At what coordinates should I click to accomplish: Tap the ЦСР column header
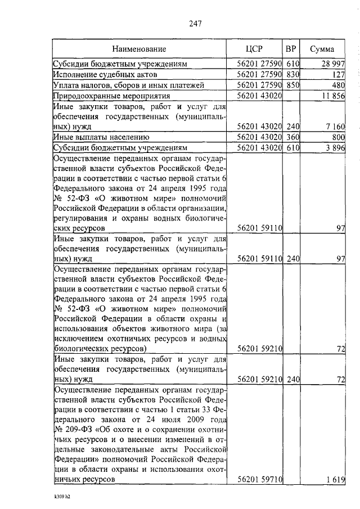255,48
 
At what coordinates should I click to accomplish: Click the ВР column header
291,48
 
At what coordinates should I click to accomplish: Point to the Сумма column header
325,48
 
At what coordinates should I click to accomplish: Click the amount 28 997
333,64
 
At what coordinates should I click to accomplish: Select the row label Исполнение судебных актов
105,74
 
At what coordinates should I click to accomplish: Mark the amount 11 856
333,95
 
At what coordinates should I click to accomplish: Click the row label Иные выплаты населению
101,137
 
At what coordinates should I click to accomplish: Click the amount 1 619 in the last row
335,479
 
